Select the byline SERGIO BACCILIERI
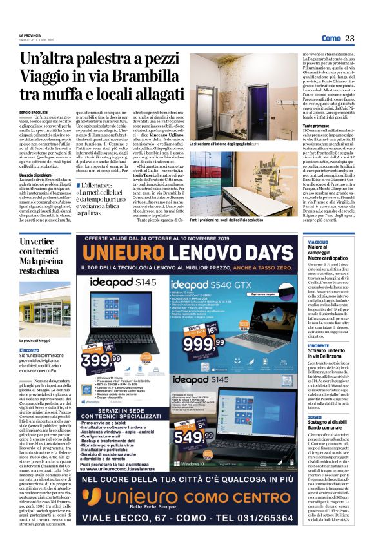tap(35, 112)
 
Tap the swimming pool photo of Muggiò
tap(43, 303)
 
